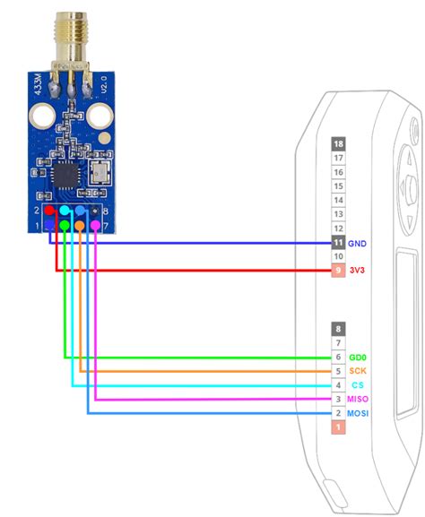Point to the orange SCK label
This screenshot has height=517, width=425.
coord(359,371)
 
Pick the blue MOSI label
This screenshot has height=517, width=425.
coord(360,413)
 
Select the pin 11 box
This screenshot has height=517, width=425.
coord(338,243)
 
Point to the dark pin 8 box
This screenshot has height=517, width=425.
coord(338,329)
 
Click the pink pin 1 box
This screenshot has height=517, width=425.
coord(338,428)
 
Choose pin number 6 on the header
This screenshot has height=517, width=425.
coord(338,357)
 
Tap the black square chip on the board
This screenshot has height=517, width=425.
coord(66,173)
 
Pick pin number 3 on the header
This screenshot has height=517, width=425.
coord(338,399)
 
